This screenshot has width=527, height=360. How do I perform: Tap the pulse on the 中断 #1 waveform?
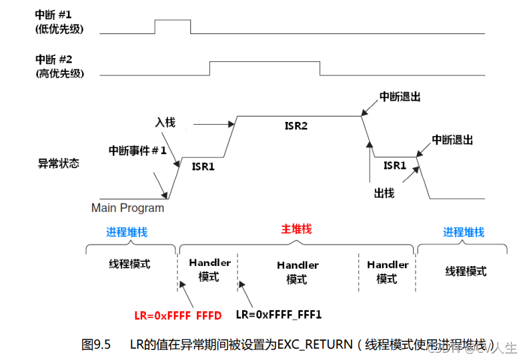point(172,26)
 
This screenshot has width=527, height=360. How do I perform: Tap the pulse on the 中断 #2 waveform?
point(264,68)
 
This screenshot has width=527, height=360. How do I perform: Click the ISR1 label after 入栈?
point(203,167)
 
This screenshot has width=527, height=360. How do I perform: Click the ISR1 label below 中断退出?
point(394,165)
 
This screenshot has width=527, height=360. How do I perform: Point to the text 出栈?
point(384,193)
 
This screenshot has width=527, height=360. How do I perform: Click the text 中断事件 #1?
point(137,151)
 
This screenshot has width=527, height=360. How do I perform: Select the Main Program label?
point(127,208)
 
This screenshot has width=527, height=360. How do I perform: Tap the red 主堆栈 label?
point(296,229)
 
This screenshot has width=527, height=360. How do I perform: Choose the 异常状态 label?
point(58,163)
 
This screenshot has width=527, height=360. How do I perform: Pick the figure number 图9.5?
point(95,344)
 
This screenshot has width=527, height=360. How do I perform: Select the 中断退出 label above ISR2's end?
point(400,97)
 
